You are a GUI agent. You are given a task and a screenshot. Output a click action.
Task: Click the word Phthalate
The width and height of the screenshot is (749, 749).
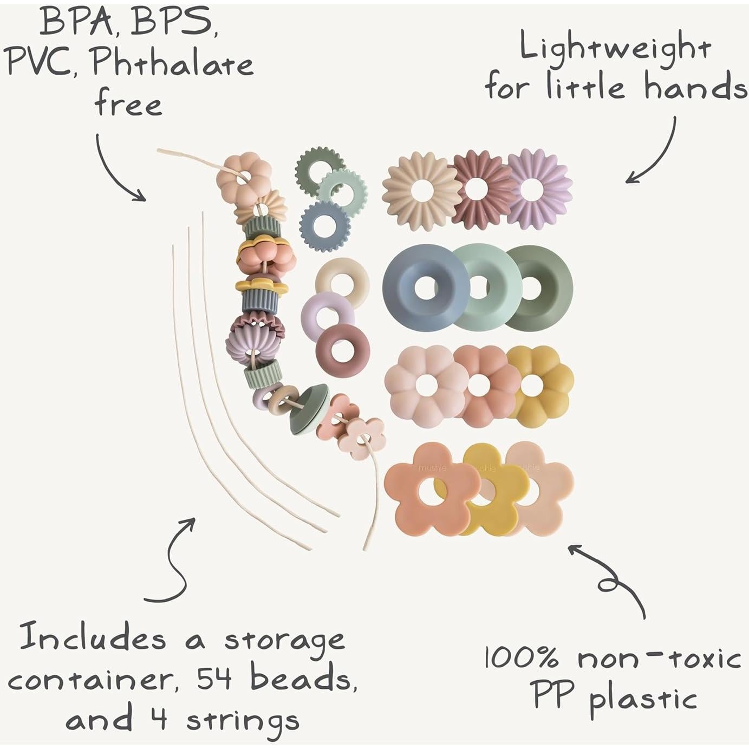coord(172,64)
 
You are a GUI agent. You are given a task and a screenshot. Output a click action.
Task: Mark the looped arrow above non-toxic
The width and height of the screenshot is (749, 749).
coord(611,579)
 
